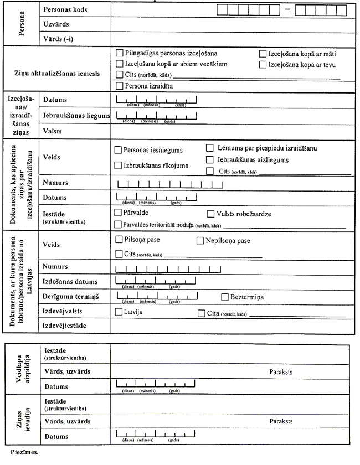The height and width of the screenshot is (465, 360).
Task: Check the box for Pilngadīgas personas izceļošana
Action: pyautogui.click(x=119, y=54)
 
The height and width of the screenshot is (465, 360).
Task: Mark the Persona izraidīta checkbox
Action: pyautogui.click(x=119, y=86)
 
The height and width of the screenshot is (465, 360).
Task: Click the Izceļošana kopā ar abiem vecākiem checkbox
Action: pyautogui.click(x=119, y=64)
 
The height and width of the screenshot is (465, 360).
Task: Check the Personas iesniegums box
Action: pyautogui.click(x=117, y=150)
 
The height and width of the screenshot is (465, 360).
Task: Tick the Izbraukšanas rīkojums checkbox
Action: pyautogui.click(x=117, y=165)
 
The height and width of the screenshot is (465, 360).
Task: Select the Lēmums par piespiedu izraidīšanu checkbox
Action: pyautogui.click(x=210, y=148)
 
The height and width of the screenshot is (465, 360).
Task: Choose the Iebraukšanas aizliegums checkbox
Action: pyautogui.click(x=210, y=159)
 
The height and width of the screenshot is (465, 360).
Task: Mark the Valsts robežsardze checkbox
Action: pyautogui.click(x=210, y=214)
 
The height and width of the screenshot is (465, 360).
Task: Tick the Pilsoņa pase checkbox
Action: pyautogui.click(x=119, y=240)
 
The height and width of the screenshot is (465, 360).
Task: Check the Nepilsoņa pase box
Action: pyautogui.click(x=201, y=241)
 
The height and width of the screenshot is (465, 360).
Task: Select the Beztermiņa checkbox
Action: pyautogui.click(x=225, y=297)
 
